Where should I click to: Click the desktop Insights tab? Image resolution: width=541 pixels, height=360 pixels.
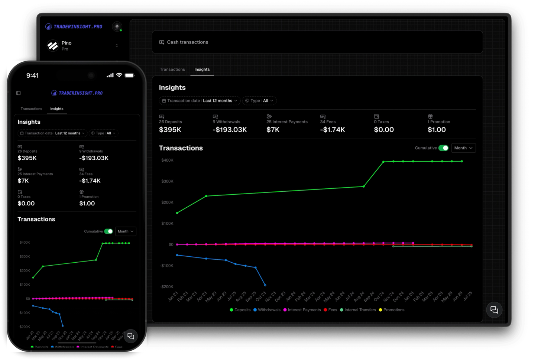pos(202,69)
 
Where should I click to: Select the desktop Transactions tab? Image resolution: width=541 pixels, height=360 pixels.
pos(172,69)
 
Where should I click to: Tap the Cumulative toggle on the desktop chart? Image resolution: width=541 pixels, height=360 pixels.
pos(443,148)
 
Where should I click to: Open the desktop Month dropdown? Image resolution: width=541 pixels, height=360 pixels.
pos(463,148)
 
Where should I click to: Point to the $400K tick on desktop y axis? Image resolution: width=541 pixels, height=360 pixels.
pos(167,160)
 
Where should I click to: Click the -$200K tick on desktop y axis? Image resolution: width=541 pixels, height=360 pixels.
pos(166,286)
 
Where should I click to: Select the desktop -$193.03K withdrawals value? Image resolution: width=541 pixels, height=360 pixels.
pos(230,130)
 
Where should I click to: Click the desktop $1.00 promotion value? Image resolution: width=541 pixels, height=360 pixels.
pos(437,130)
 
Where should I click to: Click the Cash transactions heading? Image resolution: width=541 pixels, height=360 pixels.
pos(187,42)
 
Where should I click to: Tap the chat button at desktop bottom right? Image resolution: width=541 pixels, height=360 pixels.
pos(494,310)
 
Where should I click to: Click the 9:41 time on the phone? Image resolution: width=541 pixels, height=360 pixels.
pos(32,75)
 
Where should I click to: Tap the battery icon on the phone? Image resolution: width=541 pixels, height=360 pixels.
pos(129,75)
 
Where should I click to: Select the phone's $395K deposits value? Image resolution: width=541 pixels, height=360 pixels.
pos(27,158)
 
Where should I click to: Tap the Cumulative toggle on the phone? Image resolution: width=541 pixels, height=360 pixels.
pos(108,231)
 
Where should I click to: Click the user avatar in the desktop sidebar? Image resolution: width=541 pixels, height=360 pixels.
pos(117,26)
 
